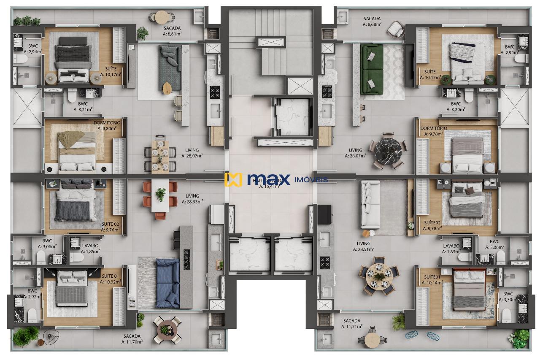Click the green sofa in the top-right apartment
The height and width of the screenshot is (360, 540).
coord(372,70)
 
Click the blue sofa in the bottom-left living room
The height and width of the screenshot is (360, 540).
coord(167,282)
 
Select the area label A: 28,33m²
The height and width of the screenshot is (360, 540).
coord(192,202)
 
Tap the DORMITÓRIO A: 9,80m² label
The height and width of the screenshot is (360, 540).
coord(106,125)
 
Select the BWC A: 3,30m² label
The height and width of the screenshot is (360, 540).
coord(508,297)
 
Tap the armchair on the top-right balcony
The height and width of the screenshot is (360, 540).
coord(396,29)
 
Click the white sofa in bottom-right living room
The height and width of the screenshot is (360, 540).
coord(370,204)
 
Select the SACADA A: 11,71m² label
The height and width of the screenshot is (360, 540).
coord(351,323)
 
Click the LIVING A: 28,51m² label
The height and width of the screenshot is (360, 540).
coord(363,246)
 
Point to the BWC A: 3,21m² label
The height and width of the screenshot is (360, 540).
coord(83,106)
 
